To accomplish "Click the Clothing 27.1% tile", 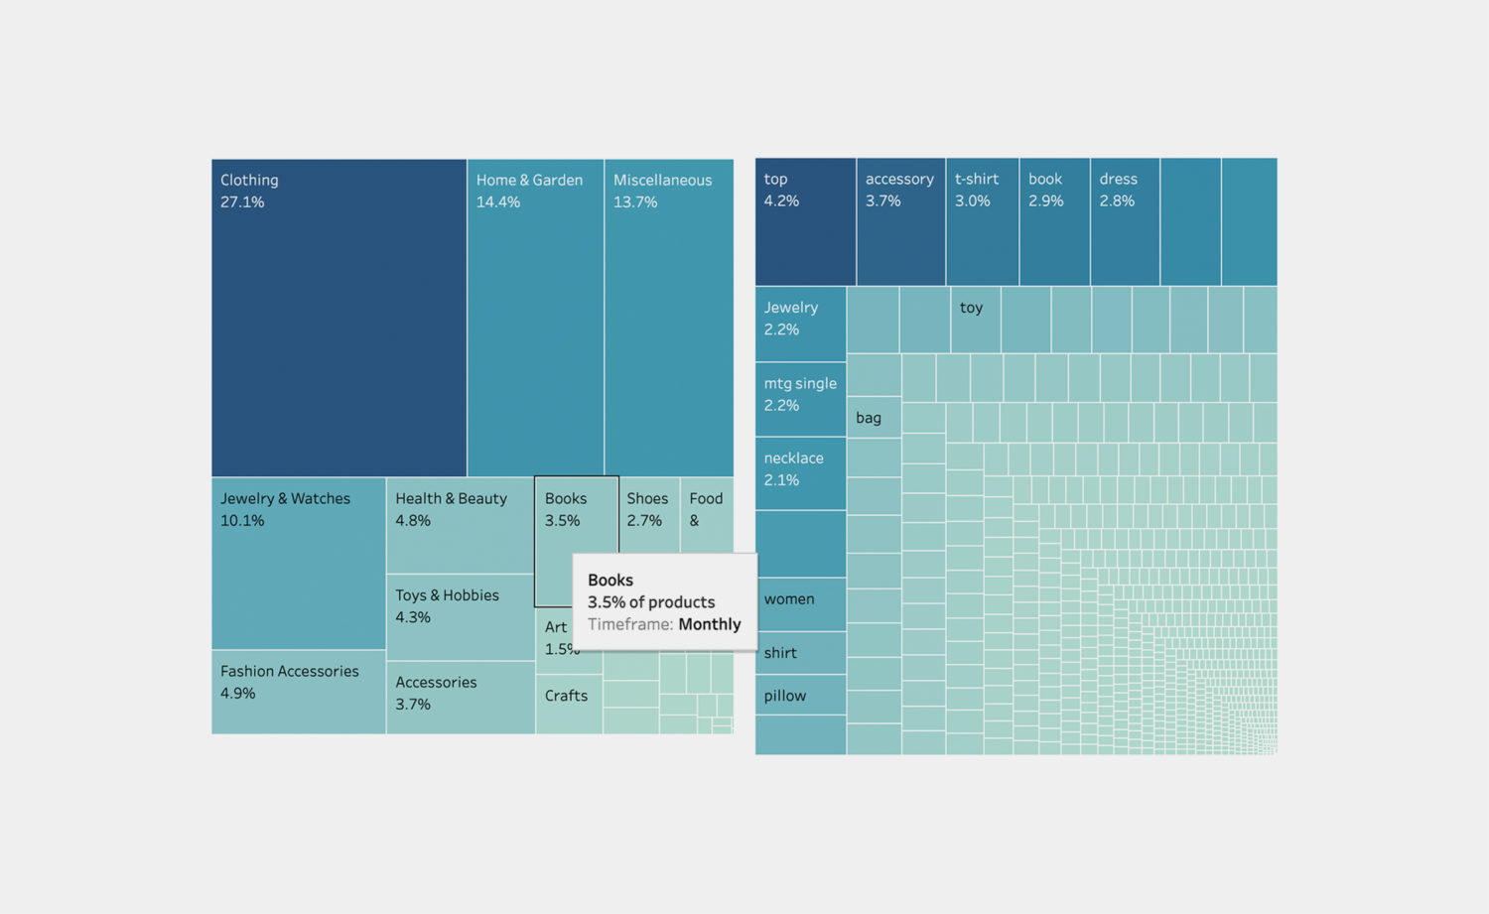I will point(338,318).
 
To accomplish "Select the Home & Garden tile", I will point(535,318).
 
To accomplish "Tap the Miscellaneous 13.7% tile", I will point(668,318).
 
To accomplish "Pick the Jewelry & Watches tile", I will point(298,563).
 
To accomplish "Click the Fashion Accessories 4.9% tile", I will point(298,692).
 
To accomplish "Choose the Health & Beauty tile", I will point(460,525).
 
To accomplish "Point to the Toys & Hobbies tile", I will point(460,616).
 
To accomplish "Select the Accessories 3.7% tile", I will point(460,697).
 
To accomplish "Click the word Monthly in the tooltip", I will point(709,624).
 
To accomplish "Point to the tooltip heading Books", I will point(609,581).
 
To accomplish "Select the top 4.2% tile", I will point(805,221).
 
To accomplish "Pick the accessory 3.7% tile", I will point(900,221).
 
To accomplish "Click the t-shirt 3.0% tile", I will point(982,221).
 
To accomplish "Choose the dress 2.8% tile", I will point(1125,221).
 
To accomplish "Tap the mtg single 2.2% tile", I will point(800,399).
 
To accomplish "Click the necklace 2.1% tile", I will point(800,473).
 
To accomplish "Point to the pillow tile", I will point(800,695).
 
